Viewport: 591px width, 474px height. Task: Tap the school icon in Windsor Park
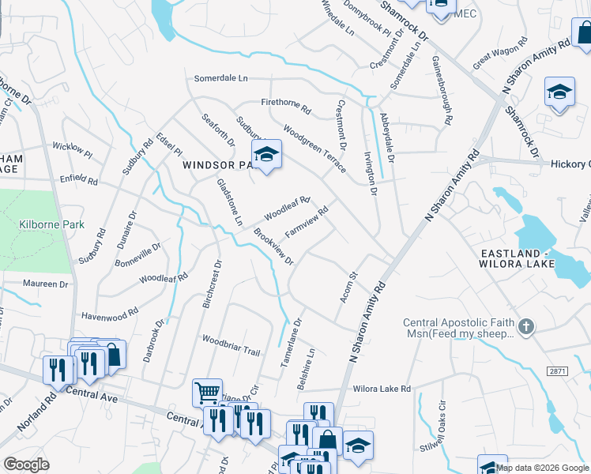point(266,155)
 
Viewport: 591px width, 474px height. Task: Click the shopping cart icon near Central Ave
point(206,391)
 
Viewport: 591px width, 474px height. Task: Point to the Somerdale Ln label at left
point(221,78)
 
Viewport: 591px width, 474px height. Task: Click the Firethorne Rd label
point(286,103)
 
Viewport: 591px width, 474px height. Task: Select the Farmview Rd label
point(307,224)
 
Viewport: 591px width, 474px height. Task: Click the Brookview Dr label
point(273,247)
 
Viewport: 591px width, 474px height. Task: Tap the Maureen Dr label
point(46,284)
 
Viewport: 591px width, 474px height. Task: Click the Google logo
point(27,464)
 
